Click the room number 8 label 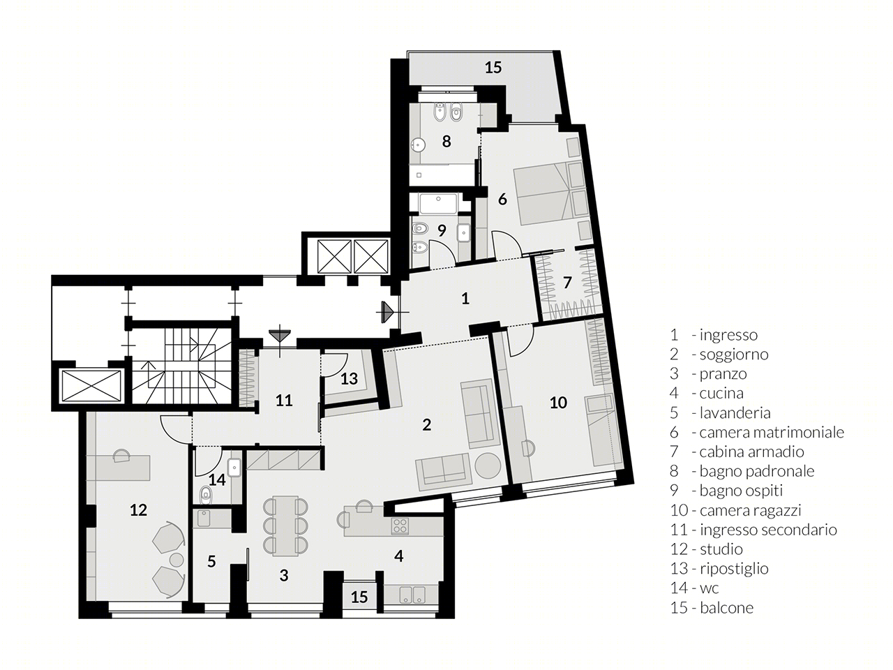446,141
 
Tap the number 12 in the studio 138,509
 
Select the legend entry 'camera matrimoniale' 772,432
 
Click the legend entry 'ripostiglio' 734,568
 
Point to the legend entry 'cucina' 721,393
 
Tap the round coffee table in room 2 488,466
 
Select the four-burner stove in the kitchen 400,526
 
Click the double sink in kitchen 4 411,595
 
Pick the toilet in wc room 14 207,496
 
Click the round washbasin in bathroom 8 418,144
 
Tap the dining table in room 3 285,525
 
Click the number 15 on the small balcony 359,597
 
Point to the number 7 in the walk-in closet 567,283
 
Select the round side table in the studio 177,560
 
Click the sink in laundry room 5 204,519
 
